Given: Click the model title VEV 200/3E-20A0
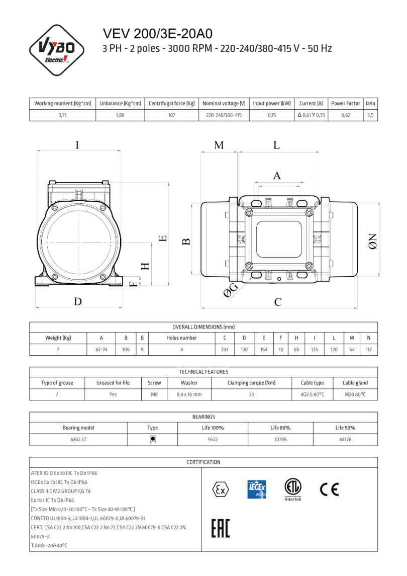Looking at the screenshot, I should [157, 34].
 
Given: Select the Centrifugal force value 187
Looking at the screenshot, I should [171, 115].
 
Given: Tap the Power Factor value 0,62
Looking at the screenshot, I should [345, 115].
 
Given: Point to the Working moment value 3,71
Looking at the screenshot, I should [62, 115].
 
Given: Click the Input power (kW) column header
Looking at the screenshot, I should [271, 103].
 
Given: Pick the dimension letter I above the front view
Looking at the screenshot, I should [77, 145].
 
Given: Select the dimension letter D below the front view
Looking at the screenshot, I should [78, 302].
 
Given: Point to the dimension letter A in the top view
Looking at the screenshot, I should [277, 176].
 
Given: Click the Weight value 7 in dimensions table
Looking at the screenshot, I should [58, 349].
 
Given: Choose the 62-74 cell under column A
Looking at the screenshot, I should [101, 349].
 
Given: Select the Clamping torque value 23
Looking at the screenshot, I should [251, 395].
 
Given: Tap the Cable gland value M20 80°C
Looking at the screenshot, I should [355, 395].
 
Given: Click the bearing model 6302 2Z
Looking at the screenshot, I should [78, 440].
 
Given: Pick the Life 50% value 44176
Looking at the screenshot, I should [345, 440].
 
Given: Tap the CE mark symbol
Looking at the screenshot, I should [329, 489].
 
